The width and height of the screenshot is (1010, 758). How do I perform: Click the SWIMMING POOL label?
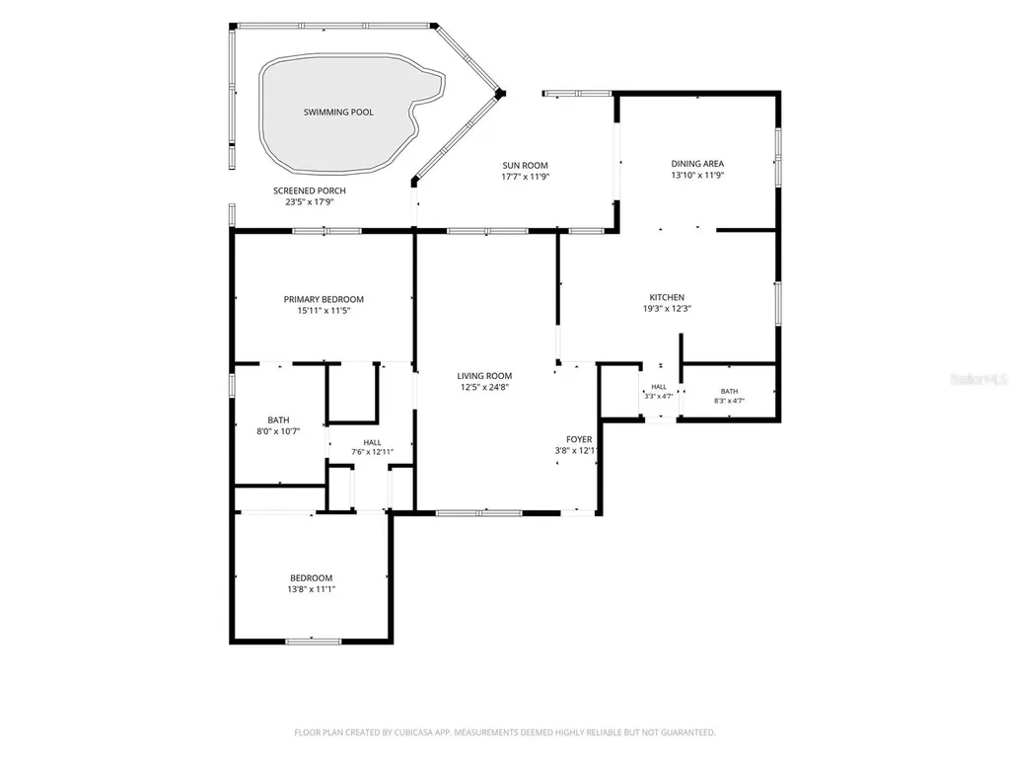(338, 113)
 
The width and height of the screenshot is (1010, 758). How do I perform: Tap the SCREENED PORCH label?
(309, 190)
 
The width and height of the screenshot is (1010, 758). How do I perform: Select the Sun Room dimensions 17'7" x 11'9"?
(525, 177)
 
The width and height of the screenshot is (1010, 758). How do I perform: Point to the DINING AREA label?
(697, 164)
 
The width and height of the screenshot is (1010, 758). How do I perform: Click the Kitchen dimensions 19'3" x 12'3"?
(667, 309)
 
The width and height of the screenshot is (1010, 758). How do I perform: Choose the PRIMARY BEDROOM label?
(324, 299)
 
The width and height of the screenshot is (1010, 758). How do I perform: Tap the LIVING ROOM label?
(484, 376)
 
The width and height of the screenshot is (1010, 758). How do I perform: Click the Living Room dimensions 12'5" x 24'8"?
(484, 387)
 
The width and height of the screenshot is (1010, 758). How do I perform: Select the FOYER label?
(579, 439)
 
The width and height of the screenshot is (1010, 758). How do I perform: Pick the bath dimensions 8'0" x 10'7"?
(278, 431)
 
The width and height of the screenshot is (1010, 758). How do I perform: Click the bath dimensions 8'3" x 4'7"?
(729, 401)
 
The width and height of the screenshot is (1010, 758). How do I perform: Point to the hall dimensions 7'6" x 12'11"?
(372, 452)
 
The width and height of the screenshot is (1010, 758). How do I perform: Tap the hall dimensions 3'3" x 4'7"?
(658, 397)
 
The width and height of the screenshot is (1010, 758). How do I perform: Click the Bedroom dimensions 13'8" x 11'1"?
(311, 589)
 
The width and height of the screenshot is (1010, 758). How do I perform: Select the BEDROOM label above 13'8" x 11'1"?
(311, 578)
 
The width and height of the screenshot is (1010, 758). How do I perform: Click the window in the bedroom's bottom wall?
(313, 642)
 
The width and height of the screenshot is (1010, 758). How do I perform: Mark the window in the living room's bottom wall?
(478, 513)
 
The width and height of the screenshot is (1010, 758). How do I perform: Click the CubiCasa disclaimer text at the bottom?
(504, 732)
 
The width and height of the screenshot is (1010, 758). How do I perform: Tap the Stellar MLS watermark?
(979, 380)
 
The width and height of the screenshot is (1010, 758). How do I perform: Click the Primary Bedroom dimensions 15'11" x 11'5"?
(324, 311)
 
